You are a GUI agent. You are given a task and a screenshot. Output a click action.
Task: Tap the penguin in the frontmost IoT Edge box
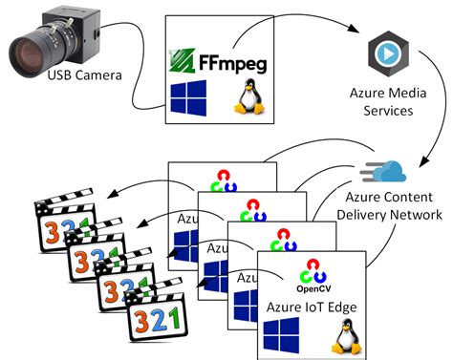344,335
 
